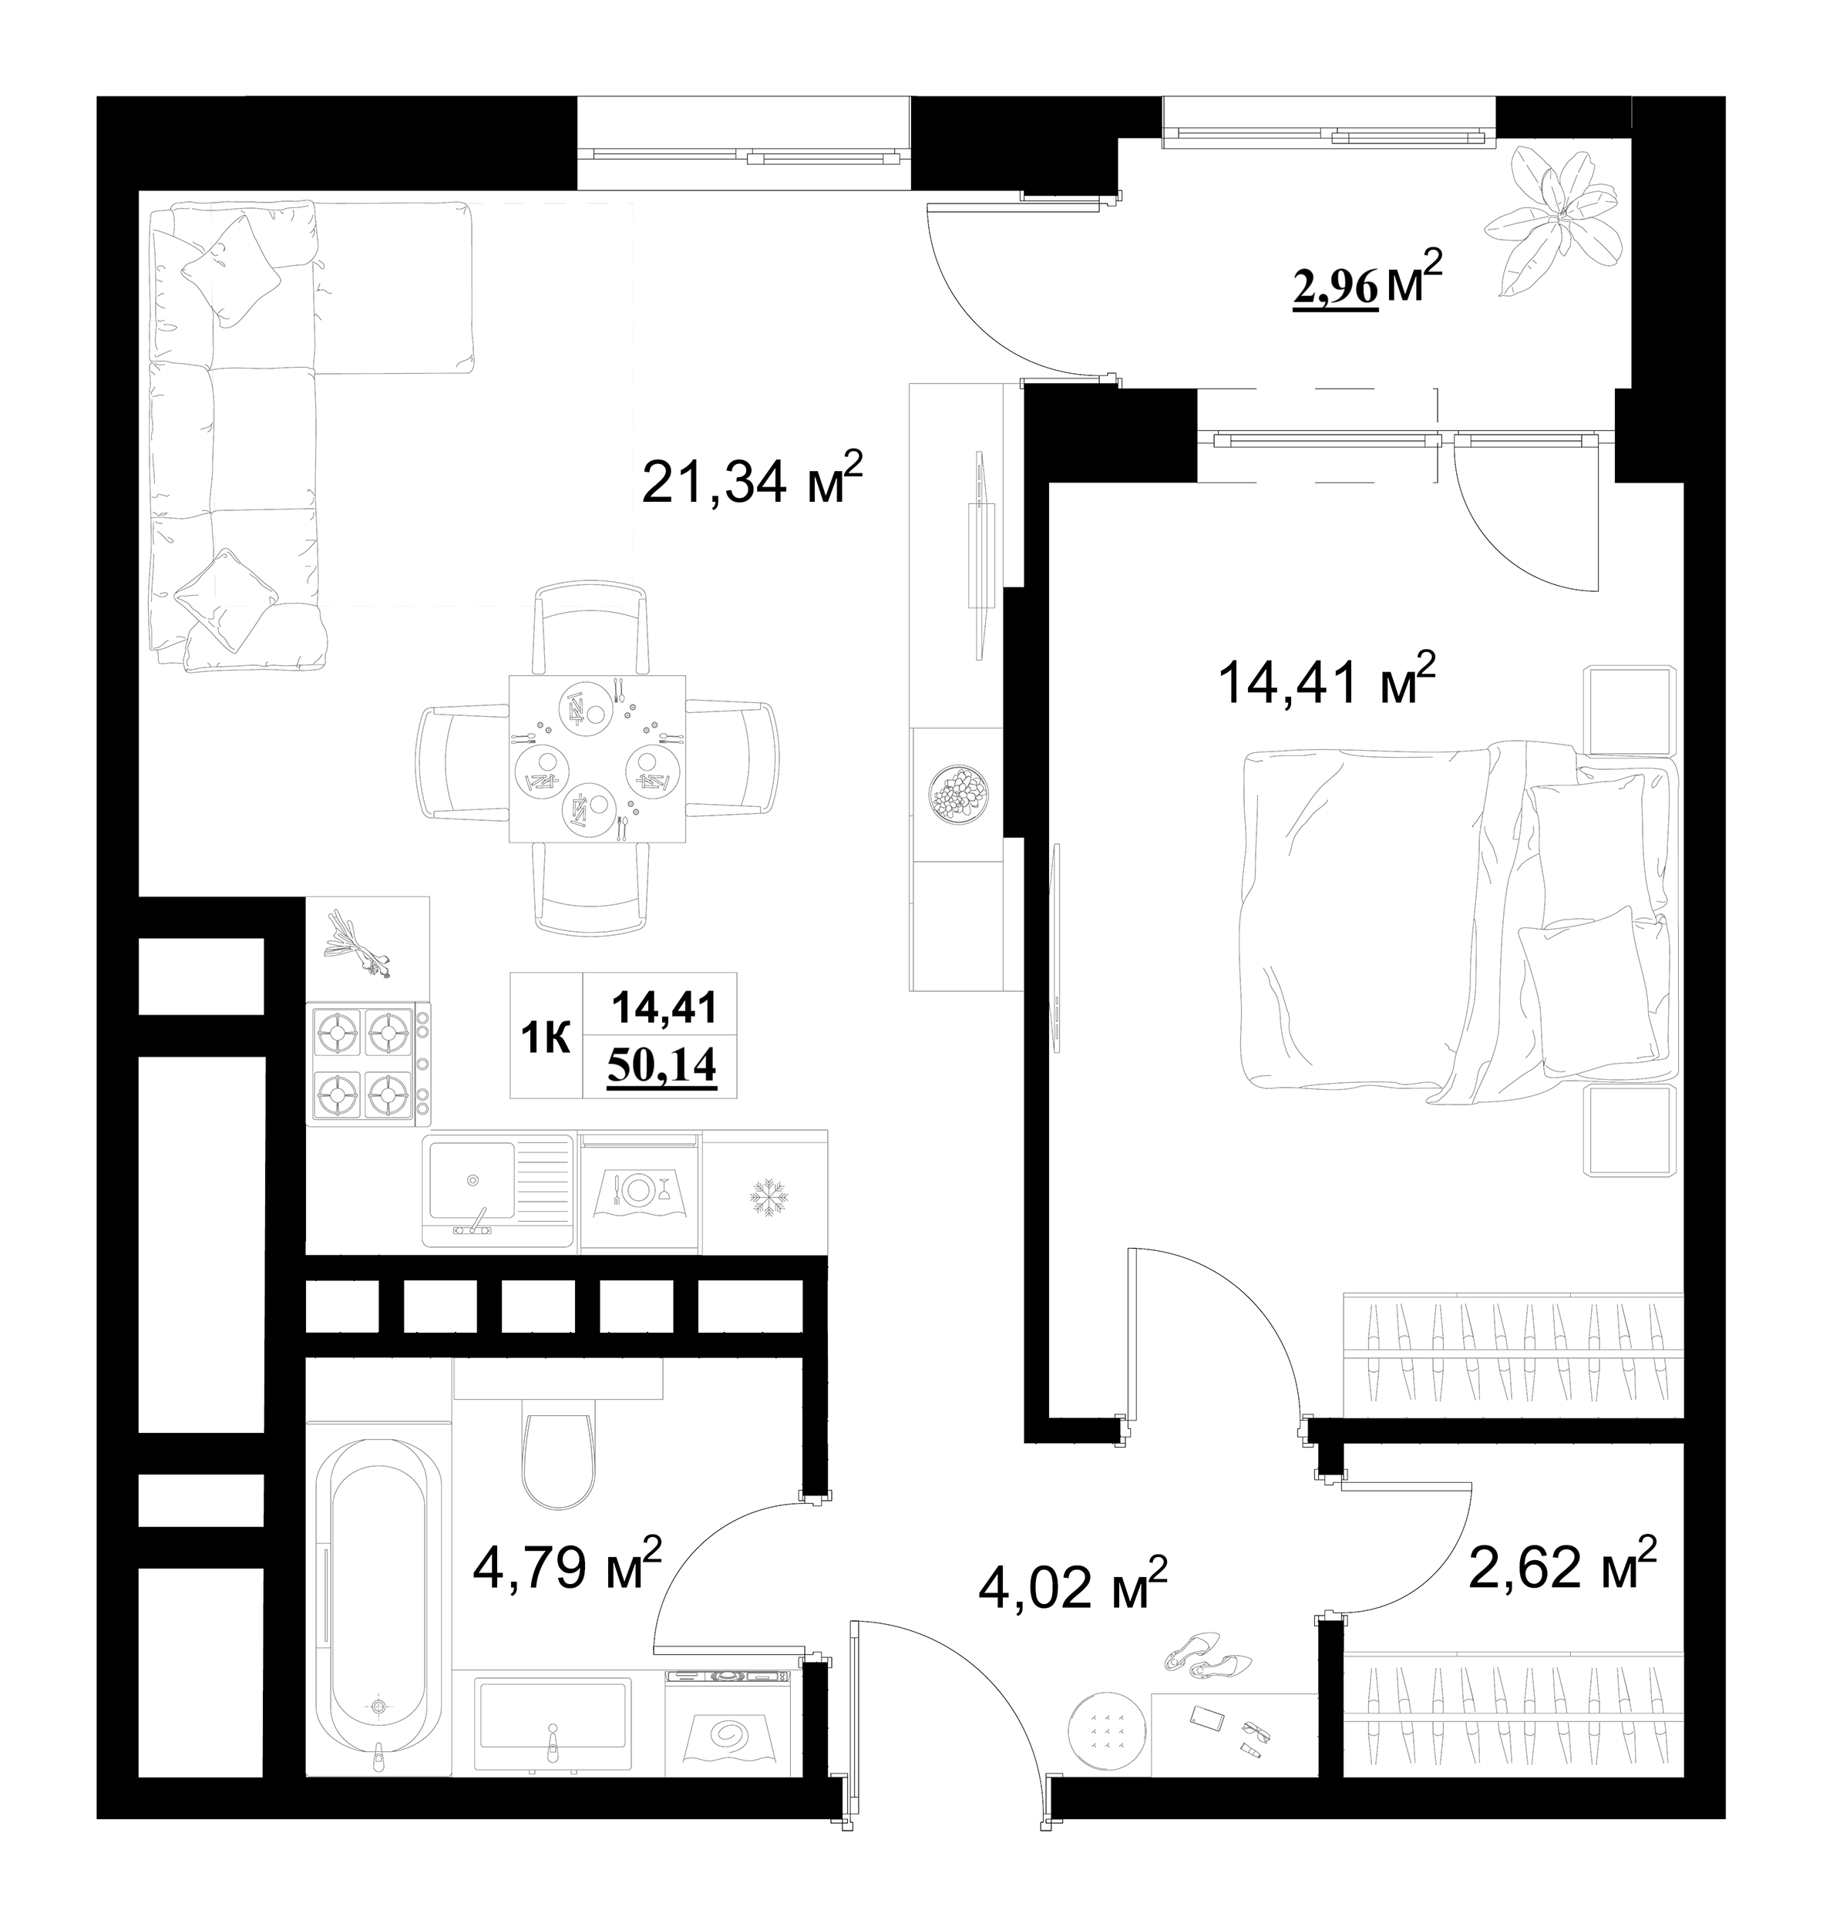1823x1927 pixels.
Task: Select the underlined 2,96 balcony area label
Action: pos(1335,288)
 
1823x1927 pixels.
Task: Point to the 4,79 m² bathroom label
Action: pos(567,1568)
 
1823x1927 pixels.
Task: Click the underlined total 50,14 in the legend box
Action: pos(662,1066)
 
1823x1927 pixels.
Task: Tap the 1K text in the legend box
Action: pos(546,1037)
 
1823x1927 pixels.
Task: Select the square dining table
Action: pos(597,759)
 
